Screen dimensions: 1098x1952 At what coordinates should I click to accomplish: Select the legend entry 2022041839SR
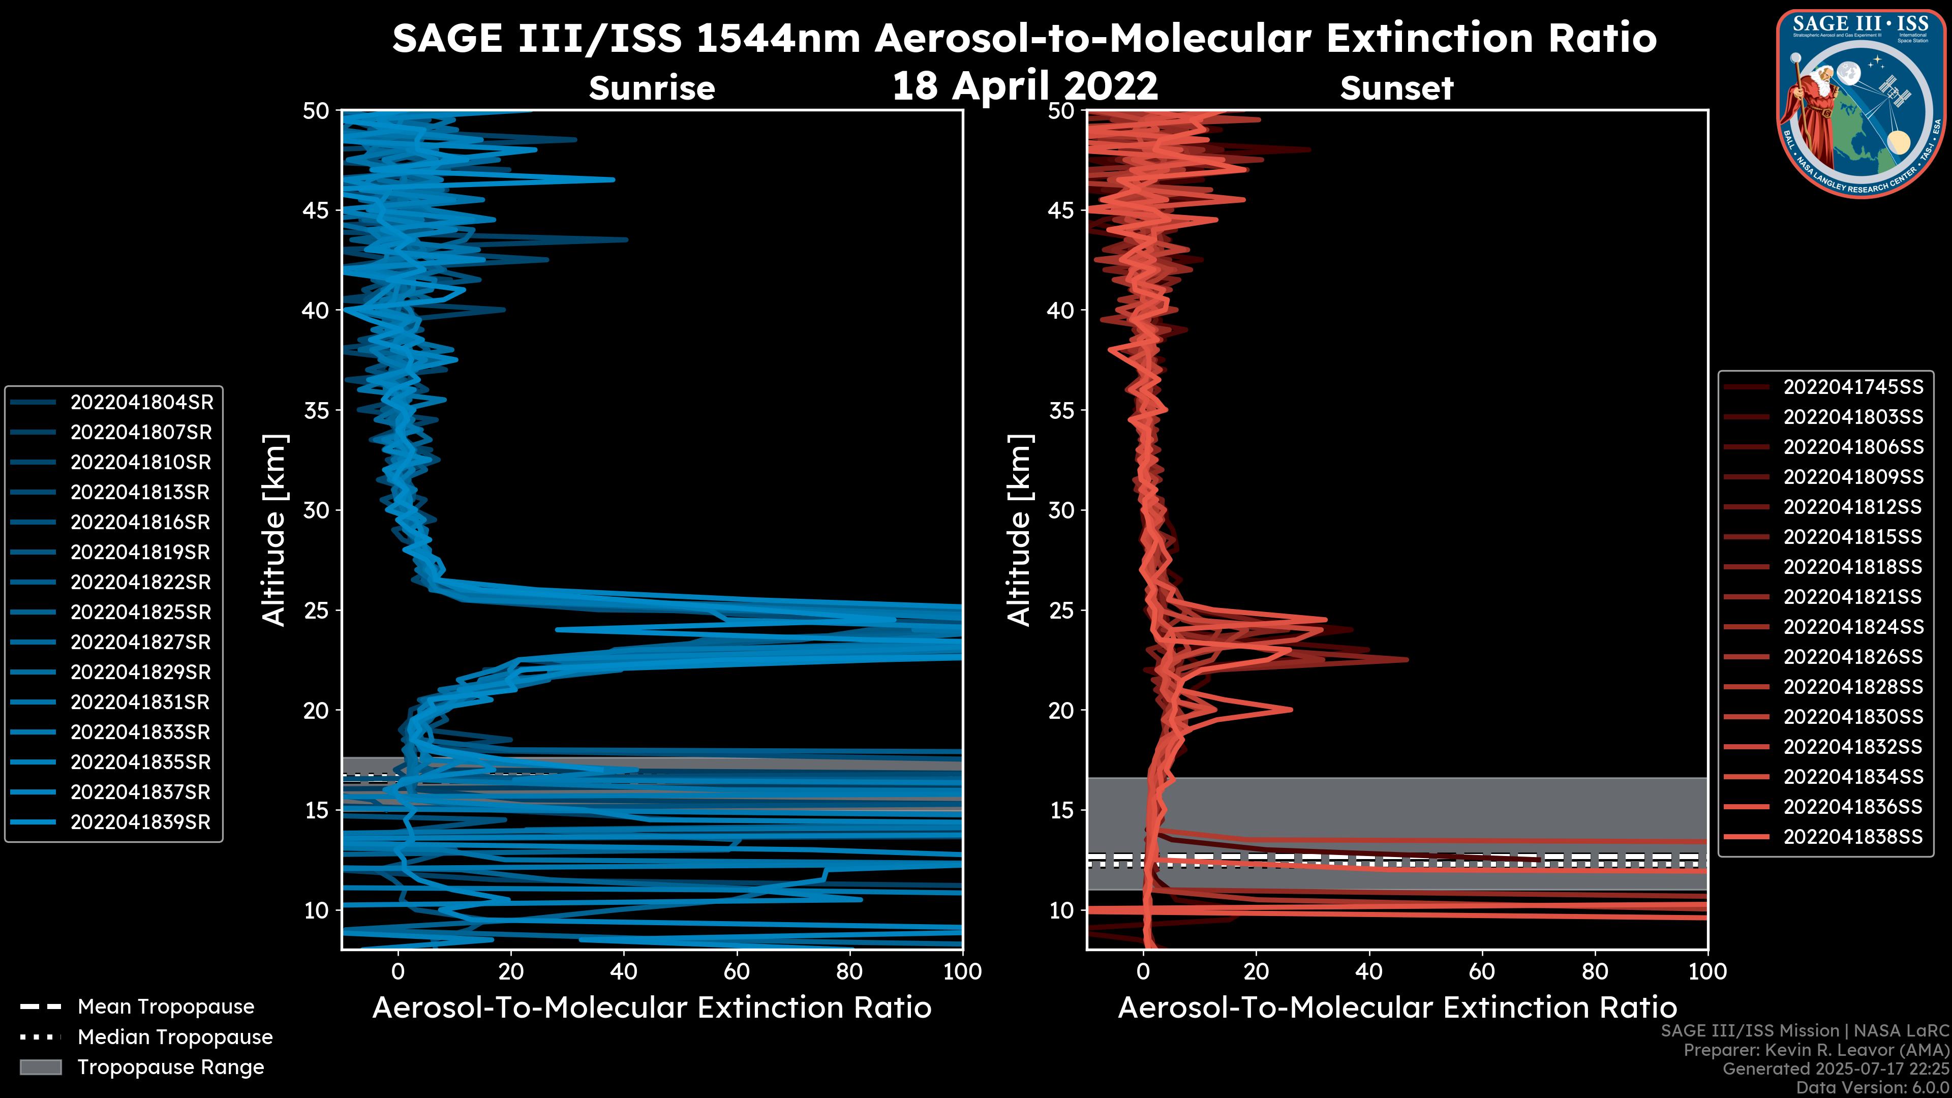point(140,822)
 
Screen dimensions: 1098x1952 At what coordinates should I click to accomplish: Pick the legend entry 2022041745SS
point(1853,387)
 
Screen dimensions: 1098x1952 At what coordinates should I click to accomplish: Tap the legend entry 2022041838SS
point(1853,837)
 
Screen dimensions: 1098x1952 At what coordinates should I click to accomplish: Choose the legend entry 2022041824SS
point(1853,627)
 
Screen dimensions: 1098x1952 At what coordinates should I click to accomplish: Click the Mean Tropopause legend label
point(166,1007)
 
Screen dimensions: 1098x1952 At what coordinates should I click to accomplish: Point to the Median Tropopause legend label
point(175,1038)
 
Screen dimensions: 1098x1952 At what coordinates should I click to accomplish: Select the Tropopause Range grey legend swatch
point(40,1067)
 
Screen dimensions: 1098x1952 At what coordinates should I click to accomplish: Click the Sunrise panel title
point(652,88)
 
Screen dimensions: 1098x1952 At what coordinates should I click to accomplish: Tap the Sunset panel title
point(1396,88)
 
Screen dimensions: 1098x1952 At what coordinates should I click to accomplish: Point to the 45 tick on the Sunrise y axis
point(316,210)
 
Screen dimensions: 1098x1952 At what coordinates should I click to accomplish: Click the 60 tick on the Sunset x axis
point(1481,971)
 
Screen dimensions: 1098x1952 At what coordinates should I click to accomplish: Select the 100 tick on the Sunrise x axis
point(962,971)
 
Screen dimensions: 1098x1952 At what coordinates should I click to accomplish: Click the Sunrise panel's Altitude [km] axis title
point(274,530)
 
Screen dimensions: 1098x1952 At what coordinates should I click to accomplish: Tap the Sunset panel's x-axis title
point(1396,1008)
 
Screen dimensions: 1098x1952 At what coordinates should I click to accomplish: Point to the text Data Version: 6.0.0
point(1873,1087)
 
